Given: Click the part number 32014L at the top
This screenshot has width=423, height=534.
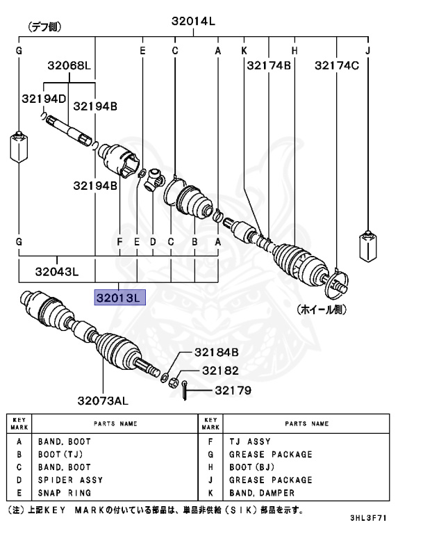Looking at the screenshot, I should [194, 22].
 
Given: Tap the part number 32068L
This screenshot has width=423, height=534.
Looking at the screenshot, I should [69, 66].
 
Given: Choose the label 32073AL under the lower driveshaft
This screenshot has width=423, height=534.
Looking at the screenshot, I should [103, 400].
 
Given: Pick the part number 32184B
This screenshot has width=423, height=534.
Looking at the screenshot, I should [216, 353].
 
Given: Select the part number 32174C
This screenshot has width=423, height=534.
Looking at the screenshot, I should [337, 66].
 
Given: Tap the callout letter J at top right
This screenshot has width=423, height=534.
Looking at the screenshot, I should [368, 51].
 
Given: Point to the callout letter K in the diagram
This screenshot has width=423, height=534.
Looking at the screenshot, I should [244, 51].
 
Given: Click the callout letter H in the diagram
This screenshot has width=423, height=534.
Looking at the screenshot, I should [295, 51].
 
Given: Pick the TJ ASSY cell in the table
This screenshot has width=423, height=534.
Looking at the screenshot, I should [249, 442].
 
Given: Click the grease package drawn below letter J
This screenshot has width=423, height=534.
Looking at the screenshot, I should [367, 246].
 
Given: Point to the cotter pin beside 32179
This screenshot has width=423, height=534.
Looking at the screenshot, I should [185, 391].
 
